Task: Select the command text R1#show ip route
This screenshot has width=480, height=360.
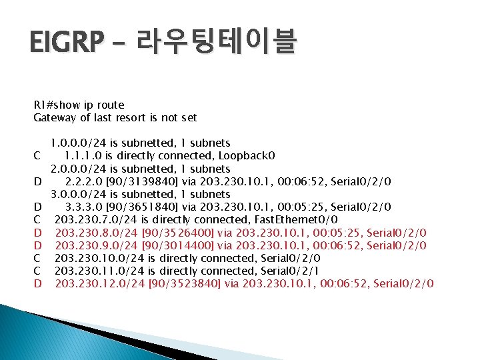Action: pyautogui.click(x=79, y=105)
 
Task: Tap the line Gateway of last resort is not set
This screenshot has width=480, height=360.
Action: pyautogui.click(x=115, y=117)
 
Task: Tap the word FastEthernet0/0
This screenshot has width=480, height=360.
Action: pyautogui.click(x=300, y=219)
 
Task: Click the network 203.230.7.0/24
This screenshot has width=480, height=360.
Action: pyautogui.click(x=96, y=219)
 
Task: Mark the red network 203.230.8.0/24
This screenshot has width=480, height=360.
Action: pyautogui.click(x=96, y=233)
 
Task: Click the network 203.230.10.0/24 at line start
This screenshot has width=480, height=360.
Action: pyautogui.click(x=99, y=258)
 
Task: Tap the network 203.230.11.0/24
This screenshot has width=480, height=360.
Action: pyautogui.click(x=99, y=271)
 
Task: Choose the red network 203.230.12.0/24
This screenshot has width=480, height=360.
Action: pyautogui.click(x=99, y=284)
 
